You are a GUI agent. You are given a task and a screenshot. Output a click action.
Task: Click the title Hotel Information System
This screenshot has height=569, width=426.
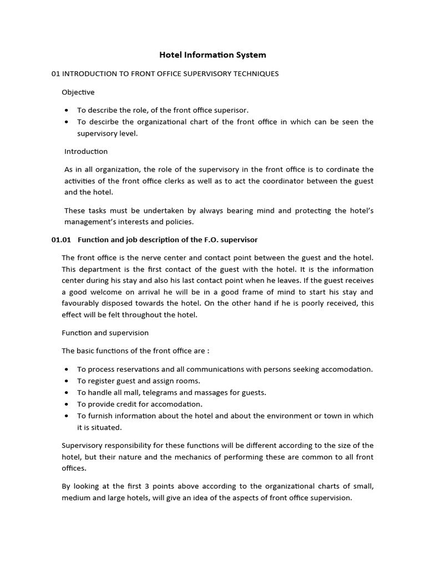(213, 54)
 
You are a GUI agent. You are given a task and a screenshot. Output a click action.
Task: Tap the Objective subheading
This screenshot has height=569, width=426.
(78, 92)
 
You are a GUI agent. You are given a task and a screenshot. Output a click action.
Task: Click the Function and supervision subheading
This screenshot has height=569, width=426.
(105, 333)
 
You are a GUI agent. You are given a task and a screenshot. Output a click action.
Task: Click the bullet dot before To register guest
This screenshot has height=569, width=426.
(67, 381)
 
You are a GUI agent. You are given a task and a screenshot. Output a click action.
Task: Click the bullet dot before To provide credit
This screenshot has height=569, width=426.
(67, 405)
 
